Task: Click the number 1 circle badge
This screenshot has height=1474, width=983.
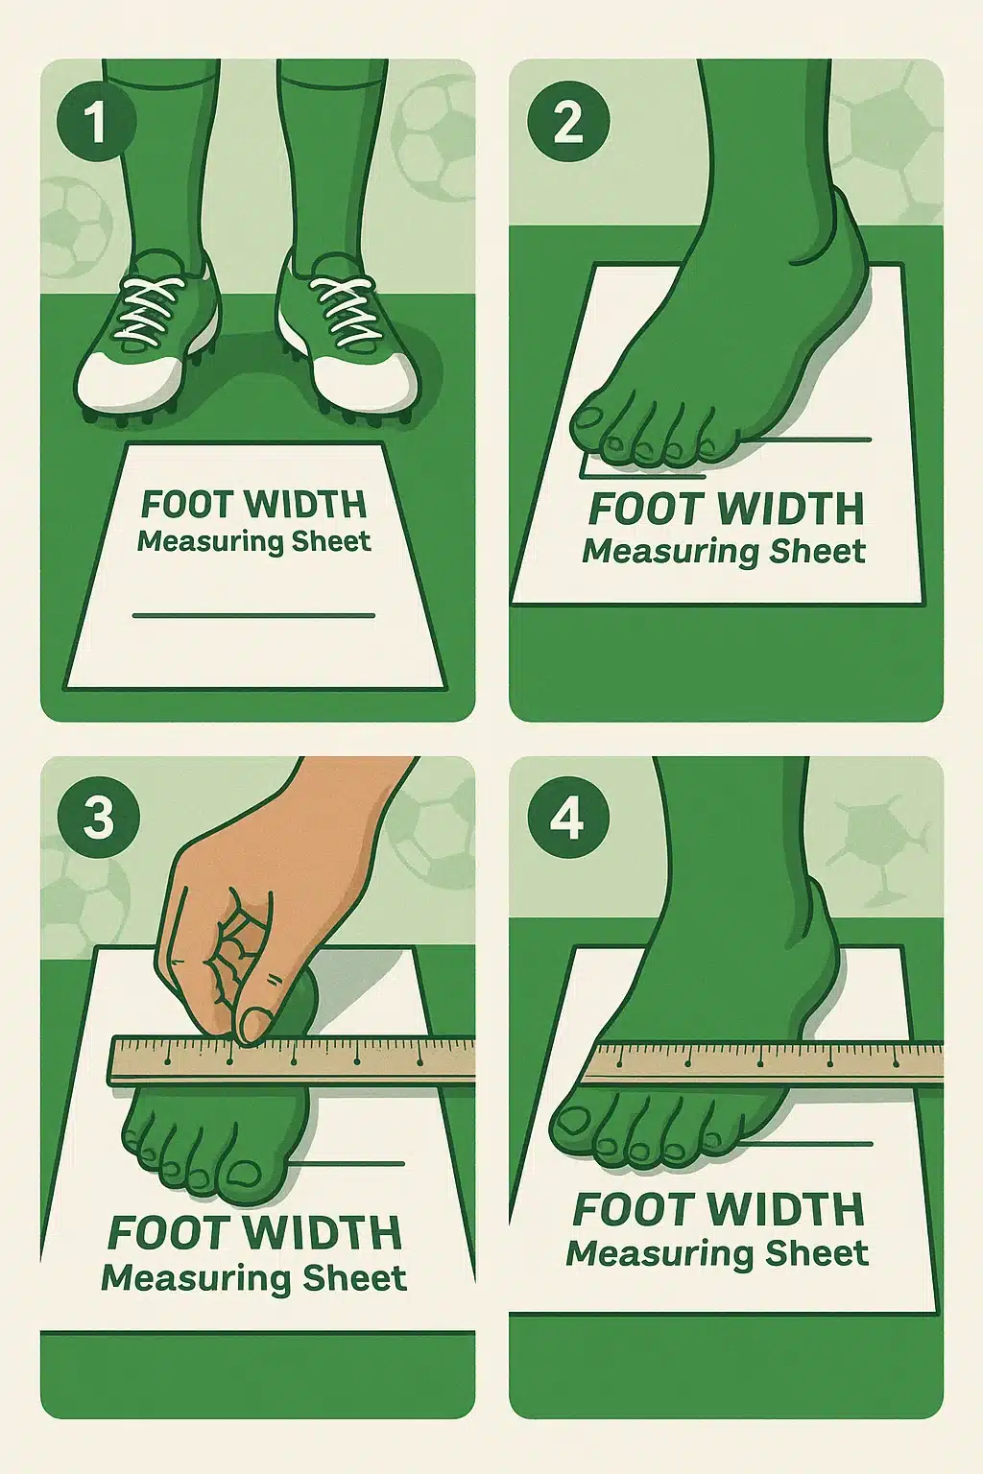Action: [x=96, y=122]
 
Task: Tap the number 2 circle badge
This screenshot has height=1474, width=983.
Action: [x=568, y=122]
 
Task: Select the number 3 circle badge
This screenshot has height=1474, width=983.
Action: [x=98, y=819]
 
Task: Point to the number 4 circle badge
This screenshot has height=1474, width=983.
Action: [x=568, y=819]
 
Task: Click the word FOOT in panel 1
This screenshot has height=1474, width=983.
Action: [x=186, y=505]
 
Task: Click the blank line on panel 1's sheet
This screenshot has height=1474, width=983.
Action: [x=253, y=615]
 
